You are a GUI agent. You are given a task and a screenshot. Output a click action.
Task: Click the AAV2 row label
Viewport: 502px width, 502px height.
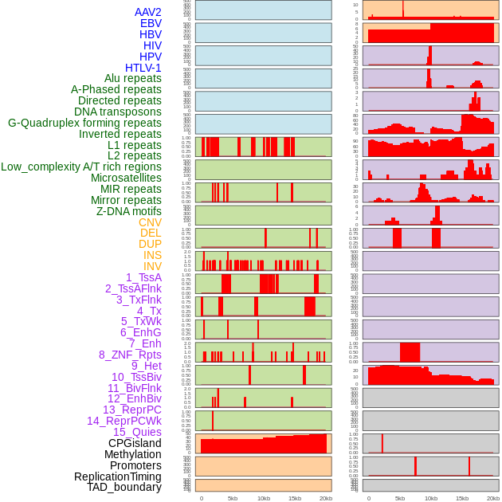coord(147,12)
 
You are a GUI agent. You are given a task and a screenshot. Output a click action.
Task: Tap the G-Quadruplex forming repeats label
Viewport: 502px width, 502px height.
coord(84,123)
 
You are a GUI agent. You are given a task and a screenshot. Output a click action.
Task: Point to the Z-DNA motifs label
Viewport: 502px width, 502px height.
coord(128,211)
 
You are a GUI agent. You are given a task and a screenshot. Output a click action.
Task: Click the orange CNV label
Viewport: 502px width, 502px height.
coord(150,222)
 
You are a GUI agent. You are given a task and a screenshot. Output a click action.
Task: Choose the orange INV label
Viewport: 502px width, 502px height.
coord(152,266)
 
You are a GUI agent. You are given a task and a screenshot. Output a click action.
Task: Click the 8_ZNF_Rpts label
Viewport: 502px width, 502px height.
coord(130,355)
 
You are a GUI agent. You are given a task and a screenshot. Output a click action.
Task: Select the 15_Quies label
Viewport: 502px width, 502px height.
coord(135,432)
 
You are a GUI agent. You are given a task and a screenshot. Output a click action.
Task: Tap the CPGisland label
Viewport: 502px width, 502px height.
coord(135,443)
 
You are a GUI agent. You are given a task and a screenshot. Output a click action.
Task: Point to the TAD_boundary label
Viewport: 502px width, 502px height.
coord(124,487)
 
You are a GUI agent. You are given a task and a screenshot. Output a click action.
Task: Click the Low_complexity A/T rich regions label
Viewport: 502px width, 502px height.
coord(81,167)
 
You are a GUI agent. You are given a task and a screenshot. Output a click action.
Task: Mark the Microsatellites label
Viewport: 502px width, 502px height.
coord(126,178)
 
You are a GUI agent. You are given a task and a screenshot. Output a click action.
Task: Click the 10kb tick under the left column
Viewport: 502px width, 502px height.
coord(264,498)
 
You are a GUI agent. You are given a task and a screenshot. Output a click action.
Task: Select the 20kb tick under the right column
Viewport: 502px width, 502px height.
coord(493,498)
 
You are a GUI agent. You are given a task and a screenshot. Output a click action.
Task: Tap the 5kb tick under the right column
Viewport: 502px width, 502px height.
coord(400,498)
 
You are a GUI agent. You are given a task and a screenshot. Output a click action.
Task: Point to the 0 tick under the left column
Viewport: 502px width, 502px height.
coord(201,498)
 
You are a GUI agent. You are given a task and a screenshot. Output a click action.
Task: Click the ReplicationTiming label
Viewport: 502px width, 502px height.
coord(117,477)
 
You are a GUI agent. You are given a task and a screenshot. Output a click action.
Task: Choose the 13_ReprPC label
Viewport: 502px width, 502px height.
coord(131,410)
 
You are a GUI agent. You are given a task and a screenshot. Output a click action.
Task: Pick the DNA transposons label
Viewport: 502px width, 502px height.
coord(118,112)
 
